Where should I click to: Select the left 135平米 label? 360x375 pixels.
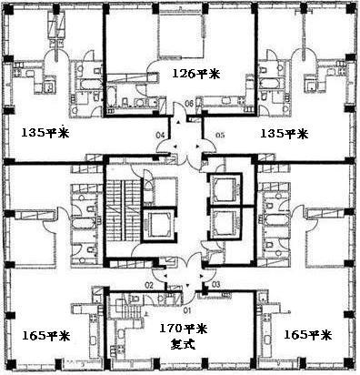44,132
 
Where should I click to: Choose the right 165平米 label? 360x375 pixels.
308,335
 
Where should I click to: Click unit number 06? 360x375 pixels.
189,104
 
